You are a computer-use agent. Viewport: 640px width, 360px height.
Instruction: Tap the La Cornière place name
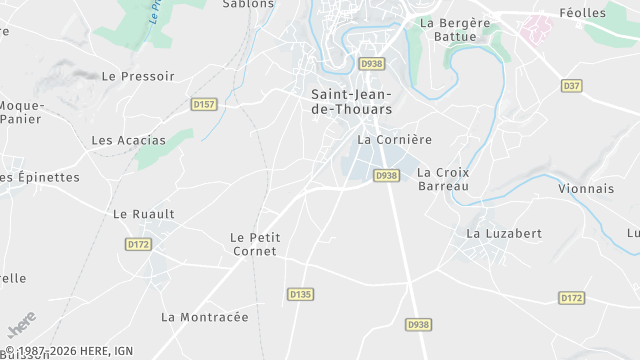tap(394, 140)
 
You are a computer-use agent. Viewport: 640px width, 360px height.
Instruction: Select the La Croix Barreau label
tap(443, 179)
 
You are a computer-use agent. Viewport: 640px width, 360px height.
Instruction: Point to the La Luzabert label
tap(504, 233)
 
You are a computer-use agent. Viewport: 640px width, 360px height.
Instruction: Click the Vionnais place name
tap(586, 188)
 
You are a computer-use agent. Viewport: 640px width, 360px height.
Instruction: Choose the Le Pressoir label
tap(138, 76)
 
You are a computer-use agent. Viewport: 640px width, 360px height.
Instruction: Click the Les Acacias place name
tap(129, 140)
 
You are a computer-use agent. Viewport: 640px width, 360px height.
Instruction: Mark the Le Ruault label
tap(144, 214)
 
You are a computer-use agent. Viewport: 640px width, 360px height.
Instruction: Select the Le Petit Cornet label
tap(255, 245)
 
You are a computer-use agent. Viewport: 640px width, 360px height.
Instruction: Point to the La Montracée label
tap(204, 317)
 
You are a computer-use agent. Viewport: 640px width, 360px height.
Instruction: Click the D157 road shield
tap(204, 104)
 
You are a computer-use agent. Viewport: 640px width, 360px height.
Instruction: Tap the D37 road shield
tap(571, 86)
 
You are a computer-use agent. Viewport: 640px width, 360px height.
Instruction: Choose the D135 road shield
tap(300, 294)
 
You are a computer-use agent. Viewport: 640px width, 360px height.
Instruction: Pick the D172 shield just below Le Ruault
tap(138, 244)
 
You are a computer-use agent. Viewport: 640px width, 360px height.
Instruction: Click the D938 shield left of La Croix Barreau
tap(386, 176)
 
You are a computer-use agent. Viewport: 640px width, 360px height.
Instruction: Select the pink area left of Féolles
tap(536, 28)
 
